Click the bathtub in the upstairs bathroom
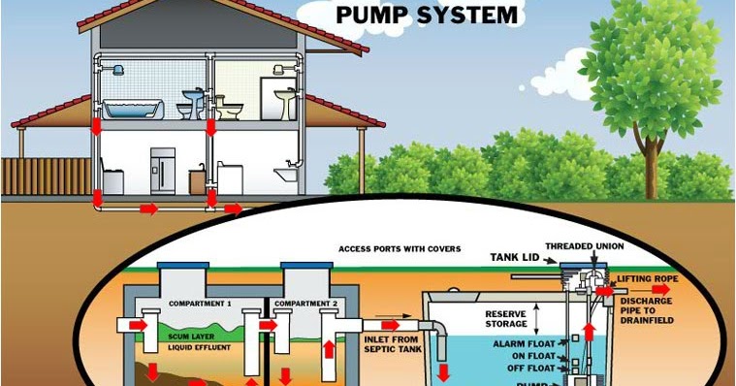(x=131, y=107)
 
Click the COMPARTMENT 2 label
(x=304, y=304)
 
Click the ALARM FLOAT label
(x=523, y=344)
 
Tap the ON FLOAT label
(x=530, y=356)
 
